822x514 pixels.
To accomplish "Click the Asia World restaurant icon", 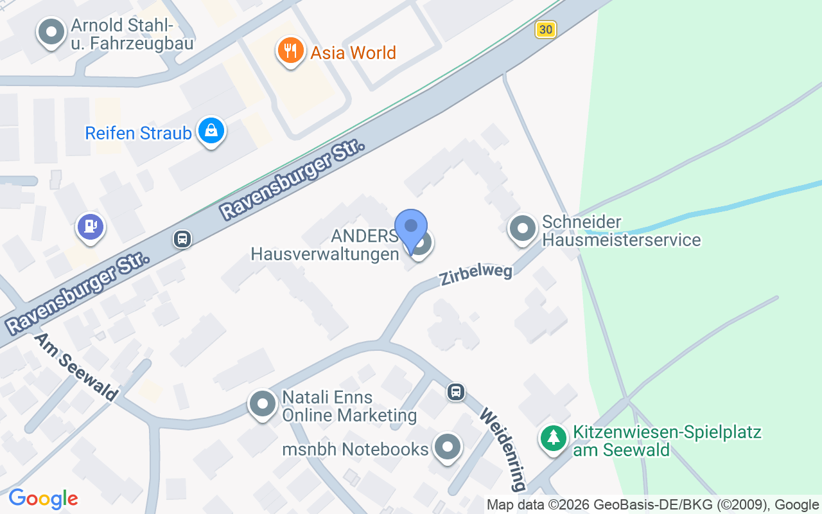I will [x=290, y=51].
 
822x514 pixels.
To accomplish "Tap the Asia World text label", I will [x=353, y=53].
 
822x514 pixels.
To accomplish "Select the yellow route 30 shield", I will [x=545, y=30].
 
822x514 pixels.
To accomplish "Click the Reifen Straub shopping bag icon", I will [x=211, y=131].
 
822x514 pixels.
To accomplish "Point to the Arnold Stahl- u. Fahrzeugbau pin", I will [x=51, y=31].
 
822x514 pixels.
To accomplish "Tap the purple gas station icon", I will [x=91, y=226].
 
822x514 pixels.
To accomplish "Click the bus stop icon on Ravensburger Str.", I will [x=182, y=240].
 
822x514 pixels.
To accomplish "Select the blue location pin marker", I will [x=411, y=228].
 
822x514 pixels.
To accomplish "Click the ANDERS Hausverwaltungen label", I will [x=325, y=245].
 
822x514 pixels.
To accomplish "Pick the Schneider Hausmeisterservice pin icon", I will [x=522, y=229].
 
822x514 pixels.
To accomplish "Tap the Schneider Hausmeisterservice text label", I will [x=621, y=231].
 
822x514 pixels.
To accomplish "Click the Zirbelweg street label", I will [x=476, y=274].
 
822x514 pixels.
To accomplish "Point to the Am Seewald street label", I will [x=76, y=366].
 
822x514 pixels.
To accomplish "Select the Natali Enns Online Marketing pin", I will [x=262, y=405].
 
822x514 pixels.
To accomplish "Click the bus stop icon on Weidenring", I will [x=456, y=391].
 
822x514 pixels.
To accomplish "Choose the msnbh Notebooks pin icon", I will [x=448, y=447].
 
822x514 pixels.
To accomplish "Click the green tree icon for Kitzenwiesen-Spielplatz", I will [x=553, y=439].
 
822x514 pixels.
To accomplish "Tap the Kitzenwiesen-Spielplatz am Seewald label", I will [x=667, y=440].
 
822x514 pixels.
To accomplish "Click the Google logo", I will [x=43, y=499].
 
